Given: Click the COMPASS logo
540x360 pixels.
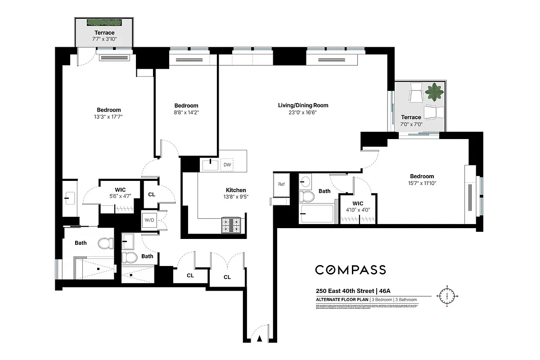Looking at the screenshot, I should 350,270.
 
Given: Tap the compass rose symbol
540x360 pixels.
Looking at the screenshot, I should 447,296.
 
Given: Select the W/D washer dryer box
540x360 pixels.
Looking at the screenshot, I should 148,220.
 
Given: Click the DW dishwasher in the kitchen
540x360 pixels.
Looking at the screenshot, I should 227,165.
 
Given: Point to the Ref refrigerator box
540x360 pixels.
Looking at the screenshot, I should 281,184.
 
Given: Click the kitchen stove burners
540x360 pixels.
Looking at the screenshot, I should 231,225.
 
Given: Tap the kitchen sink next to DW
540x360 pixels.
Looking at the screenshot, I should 210,165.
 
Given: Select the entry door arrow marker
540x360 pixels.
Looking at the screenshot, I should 259,340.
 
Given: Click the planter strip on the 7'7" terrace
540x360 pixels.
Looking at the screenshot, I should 104,22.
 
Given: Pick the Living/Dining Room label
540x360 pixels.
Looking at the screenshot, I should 303,105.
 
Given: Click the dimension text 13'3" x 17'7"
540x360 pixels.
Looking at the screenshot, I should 108,117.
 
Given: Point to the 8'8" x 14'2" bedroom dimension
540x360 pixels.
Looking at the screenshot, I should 186,113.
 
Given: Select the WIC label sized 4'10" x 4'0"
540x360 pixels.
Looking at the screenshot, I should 358,203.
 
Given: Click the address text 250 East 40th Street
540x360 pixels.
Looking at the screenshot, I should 345,291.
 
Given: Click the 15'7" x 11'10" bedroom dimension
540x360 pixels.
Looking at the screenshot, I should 422,183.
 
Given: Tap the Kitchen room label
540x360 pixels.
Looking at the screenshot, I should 236,190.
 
